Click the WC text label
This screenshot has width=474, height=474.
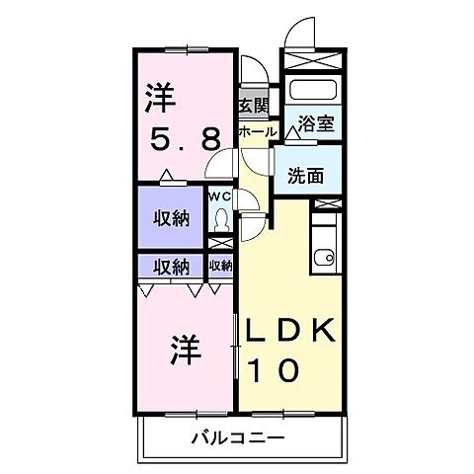(x=218, y=196)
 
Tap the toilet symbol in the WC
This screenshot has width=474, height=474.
(x=220, y=220)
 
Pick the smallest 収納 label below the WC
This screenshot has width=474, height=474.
(x=220, y=266)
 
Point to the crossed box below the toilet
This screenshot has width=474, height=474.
(x=219, y=243)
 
